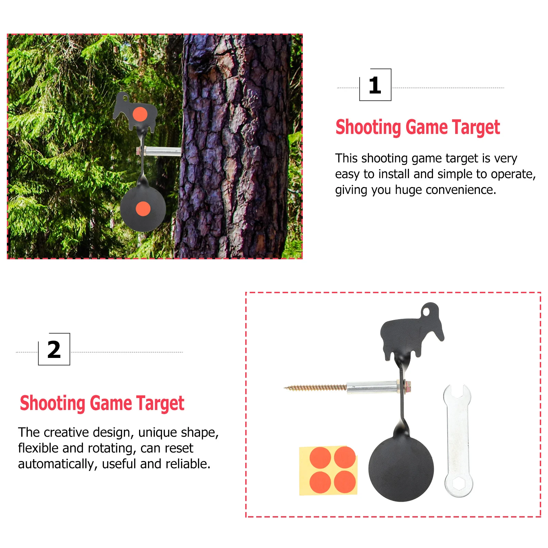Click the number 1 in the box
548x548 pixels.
coord(375,86)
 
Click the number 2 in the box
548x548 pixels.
coord(54,350)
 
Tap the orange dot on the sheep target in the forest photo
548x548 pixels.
coord(140,114)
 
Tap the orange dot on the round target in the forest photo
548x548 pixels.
coord(143,209)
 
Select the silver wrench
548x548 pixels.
coord(458,441)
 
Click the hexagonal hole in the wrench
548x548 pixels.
coord(459,484)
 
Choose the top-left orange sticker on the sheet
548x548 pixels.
coord(320,458)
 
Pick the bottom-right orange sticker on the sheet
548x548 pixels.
coord(345,482)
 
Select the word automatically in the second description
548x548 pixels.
coord(58,464)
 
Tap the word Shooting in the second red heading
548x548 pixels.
coord(52,404)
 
